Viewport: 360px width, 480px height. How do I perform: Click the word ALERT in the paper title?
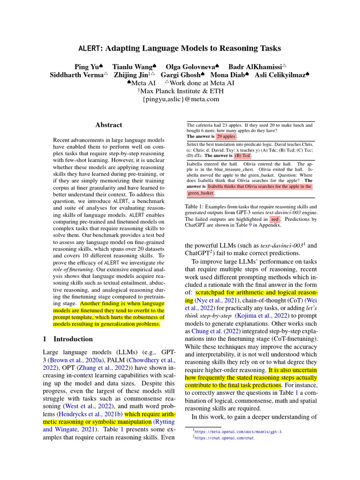click(x=88, y=48)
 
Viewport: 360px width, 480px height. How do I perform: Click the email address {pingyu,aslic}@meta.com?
click(x=180, y=99)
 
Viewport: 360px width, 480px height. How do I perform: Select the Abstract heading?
click(x=109, y=125)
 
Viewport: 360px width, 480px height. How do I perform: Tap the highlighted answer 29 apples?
click(x=226, y=136)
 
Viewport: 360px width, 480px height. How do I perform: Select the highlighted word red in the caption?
click(x=275, y=219)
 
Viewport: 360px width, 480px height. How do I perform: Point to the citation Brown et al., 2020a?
click(x=80, y=360)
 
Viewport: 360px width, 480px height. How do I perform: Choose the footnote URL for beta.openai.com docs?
click(x=239, y=431)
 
